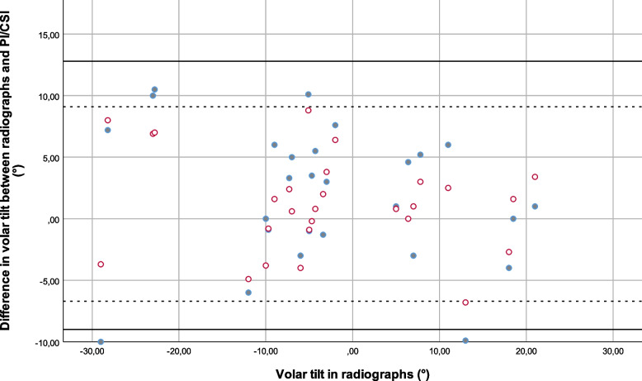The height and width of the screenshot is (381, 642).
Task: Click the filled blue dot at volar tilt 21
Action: pos(535,207)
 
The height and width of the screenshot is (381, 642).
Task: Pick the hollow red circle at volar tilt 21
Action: pos(535,177)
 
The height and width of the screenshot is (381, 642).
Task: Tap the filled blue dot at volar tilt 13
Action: pos(465,341)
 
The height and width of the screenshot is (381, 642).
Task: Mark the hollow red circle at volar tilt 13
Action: pos(465,302)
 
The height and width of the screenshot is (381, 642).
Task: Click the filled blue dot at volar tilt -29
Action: pos(101,341)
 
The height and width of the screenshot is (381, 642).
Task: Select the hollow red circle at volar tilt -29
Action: pos(101,264)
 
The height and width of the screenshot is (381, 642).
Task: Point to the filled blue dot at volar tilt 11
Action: pos(448,145)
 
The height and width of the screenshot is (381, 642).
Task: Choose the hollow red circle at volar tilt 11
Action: pos(448,188)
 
